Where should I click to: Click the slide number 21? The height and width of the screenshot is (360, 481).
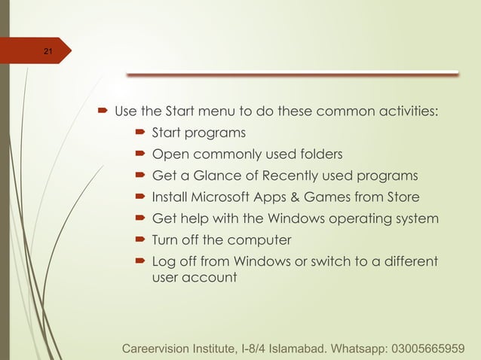click(x=47, y=52)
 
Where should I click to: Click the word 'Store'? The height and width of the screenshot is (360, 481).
click(x=400, y=198)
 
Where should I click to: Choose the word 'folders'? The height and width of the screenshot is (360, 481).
click(x=319, y=154)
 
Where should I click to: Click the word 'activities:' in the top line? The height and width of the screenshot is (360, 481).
click(x=408, y=112)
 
